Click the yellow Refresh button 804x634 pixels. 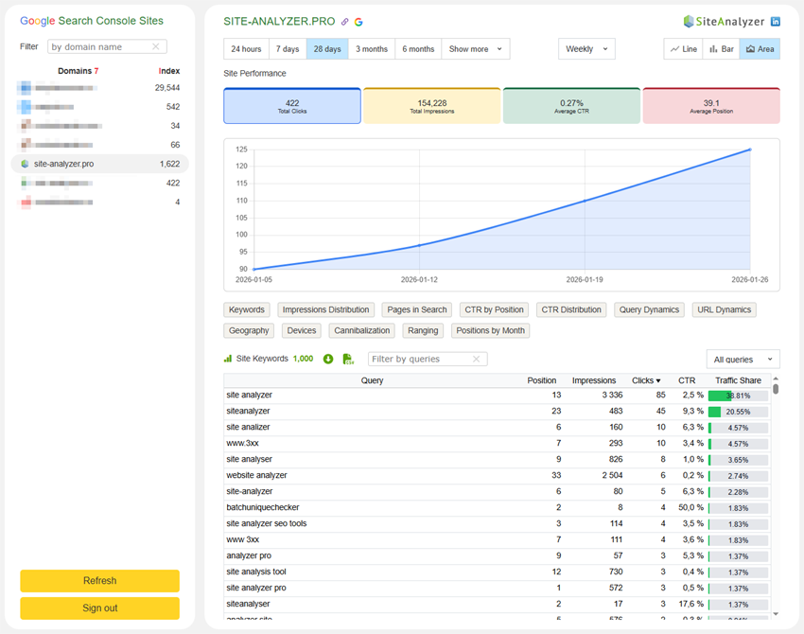[x=99, y=581]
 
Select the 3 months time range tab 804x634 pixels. [x=372, y=49]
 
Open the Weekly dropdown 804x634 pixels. [x=586, y=49]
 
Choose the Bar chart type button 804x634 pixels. [x=721, y=49]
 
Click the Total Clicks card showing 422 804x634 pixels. [x=292, y=106]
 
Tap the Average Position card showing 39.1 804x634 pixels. [x=711, y=106]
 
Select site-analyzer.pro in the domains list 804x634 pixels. [x=63, y=164]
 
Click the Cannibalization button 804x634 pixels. [x=362, y=330]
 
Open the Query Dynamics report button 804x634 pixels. [x=648, y=309]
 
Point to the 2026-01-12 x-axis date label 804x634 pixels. [x=418, y=280]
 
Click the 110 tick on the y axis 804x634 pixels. [x=241, y=201]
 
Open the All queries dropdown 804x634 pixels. [x=743, y=360]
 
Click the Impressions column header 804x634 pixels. [x=594, y=380]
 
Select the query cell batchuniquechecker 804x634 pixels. [x=262, y=507]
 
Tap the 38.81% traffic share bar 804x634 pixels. [x=738, y=396]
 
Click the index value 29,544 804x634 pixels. [x=167, y=88]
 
